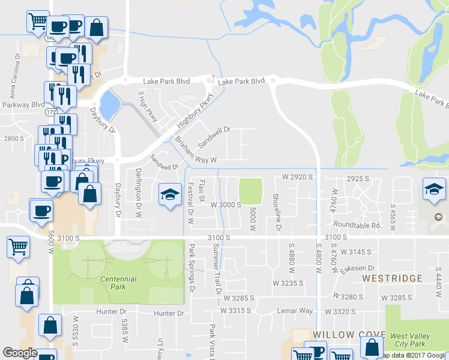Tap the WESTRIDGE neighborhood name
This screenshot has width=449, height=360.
(x=393, y=279)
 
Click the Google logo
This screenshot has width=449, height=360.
(x=20, y=353)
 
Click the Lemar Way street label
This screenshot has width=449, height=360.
(x=295, y=311)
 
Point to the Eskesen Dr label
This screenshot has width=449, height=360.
(x=355, y=268)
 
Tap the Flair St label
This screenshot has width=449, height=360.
(x=202, y=190)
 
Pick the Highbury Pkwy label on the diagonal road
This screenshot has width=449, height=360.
(x=195, y=112)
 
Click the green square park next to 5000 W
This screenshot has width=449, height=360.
(x=251, y=191)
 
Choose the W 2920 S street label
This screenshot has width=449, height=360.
(x=298, y=177)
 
